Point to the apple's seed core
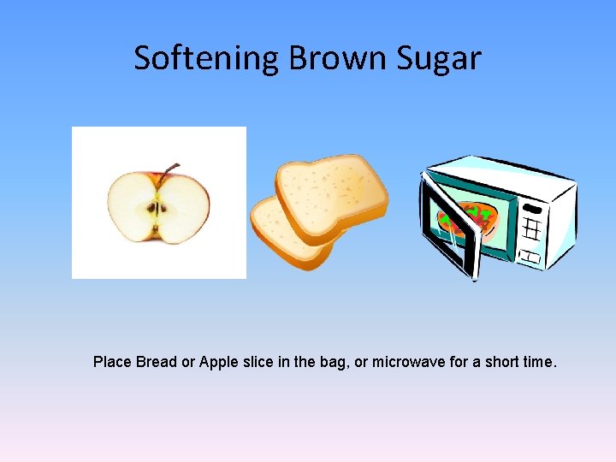pyautogui.click(x=157, y=208)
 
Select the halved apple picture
pyautogui.click(x=158, y=203)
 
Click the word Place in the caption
pyautogui.click(x=112, y=362)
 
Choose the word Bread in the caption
pyautogui.click(x=157, y=362)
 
